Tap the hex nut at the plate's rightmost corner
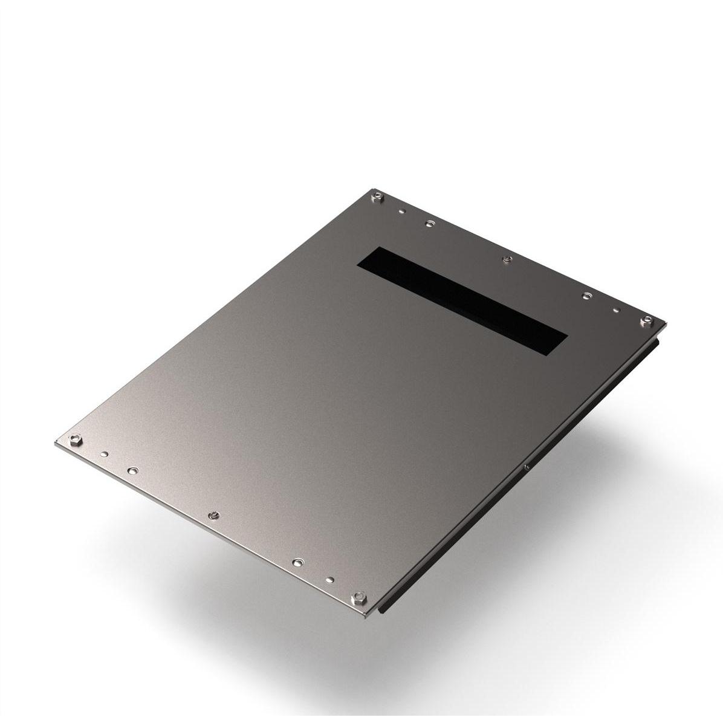click(646, 320)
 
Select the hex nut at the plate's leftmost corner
click(75, 439)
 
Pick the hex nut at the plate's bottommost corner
click(358, 597)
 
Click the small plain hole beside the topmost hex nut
click(401, 212)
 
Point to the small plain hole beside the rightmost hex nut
click(616, 310)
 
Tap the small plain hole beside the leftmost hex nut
click(105, 453)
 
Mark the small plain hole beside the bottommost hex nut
click(329, 581)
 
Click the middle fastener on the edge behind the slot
click(507, 260)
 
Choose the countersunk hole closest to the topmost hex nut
click(429, 224)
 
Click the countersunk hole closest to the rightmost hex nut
click(586, 296)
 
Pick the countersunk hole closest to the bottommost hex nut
click(297, 563)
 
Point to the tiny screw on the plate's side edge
click(527, 466)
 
